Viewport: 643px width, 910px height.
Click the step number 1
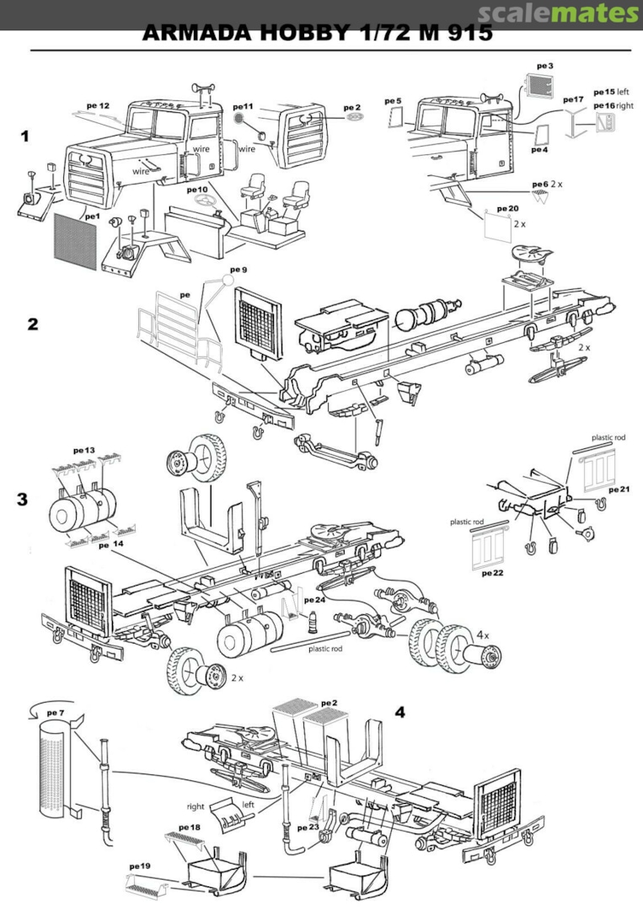tap(26, 135)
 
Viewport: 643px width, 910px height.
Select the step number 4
tap(400, 712)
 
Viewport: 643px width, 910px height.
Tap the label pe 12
tap(99, 106)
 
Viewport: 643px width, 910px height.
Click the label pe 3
tap(545, 65)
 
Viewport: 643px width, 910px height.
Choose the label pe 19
tap(140, 865)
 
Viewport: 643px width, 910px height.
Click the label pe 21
tap(619, 490)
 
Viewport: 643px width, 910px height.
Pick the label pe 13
tap(84, 451)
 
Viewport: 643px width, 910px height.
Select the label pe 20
tap(508, 207)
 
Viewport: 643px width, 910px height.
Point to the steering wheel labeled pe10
tap(203, 202)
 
